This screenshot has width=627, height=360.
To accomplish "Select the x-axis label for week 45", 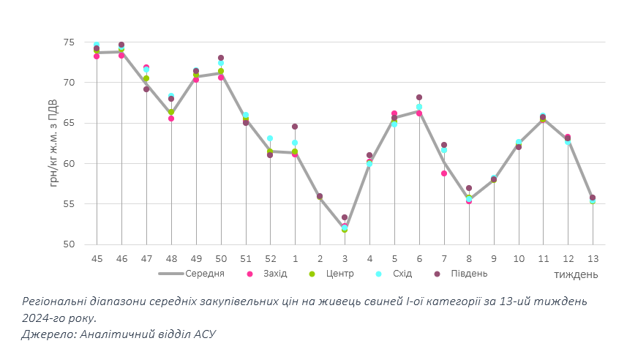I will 97,258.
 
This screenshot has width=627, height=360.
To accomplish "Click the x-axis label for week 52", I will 270,258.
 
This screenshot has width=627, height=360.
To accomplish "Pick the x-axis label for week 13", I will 593,258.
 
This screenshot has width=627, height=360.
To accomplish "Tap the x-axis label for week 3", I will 345,258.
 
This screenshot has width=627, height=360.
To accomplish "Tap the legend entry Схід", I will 402,274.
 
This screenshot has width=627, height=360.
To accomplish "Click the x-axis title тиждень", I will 576,274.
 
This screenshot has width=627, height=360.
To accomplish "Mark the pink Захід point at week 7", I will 444,173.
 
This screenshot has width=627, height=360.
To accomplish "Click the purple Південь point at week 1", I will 295,127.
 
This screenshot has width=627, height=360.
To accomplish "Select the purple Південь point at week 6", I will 419,97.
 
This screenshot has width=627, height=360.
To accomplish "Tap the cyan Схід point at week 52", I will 270,138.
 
